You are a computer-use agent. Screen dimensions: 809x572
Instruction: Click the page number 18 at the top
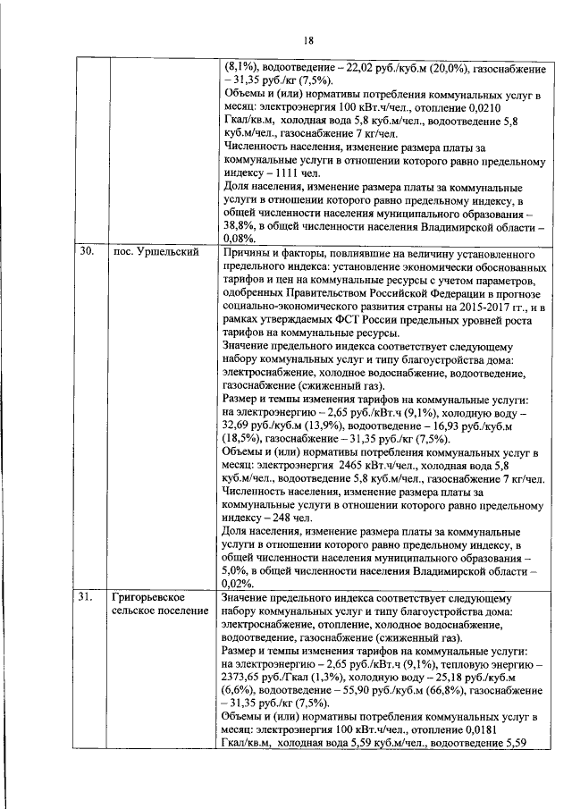pyautogui.click(x=308, y=40)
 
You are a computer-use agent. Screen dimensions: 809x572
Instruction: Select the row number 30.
pyautogui.click(x=86, y=253)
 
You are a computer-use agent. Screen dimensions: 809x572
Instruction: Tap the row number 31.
pyautogui.click(x=86, y=597)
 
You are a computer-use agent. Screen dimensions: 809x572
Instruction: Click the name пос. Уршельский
pyautogui.click(x=155, y=253)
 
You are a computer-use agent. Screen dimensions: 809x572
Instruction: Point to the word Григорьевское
pyautogui.click(x=149, y=597)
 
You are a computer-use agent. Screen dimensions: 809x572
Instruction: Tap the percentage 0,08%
pyautogui.click(x=238, y=240)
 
